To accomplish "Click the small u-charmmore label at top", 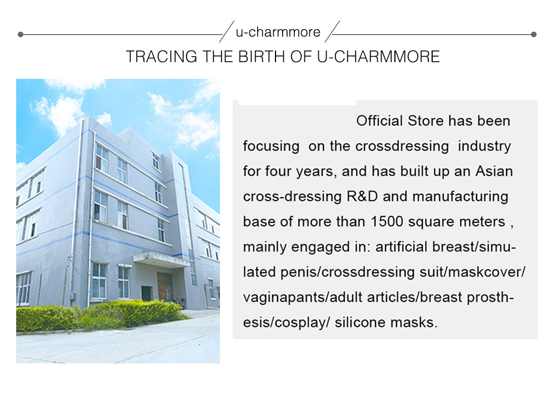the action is [278, 32].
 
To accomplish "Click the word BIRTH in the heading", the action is [261, 57].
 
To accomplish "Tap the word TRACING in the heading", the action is [161, 57].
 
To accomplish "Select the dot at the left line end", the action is [21, 34].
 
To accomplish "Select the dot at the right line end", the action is [534, 34].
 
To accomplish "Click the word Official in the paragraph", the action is [379, 121].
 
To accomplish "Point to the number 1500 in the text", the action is [387, 222].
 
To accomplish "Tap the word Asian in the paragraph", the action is [494, 171].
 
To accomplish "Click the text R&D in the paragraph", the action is [362, 196].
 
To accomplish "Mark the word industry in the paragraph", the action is [484, 147].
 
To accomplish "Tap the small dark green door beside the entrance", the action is [147, 294].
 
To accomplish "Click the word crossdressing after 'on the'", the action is [402, 147].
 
